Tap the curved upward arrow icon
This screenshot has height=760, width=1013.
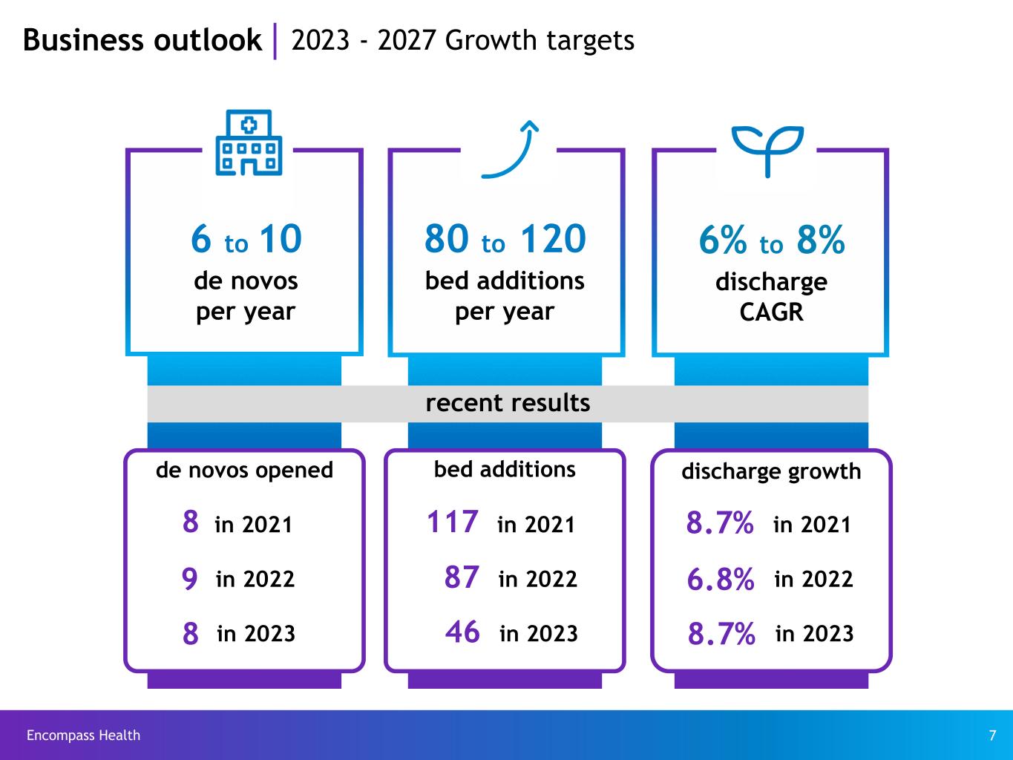[x=510, y=149]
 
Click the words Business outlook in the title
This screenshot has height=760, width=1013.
[x=142, y=40]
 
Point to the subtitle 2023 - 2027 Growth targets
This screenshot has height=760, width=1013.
[x=462, y=40]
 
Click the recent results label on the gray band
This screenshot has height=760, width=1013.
[x=508, y=403]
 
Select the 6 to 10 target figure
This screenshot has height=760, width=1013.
[x=246, y=239]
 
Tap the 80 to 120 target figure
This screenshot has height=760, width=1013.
[x=505, y=239]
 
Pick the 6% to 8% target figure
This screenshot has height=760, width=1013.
[x=771, y=240]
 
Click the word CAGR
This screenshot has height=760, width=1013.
[x=771, y=312]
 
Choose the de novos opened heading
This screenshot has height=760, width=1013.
[x=244, y=470]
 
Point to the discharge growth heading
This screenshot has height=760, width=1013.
[x=771, y=471]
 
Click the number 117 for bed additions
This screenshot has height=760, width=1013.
[x=452, y=522]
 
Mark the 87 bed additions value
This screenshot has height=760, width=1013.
[x=462, y=577]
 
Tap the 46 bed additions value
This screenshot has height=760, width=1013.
[x=462, y=632]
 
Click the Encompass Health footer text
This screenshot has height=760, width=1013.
[x=83, y=736]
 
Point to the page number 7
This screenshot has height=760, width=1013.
[x=992, y=736]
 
